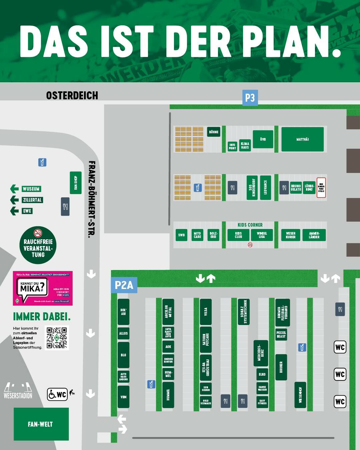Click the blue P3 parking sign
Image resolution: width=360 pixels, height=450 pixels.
pos(250,98)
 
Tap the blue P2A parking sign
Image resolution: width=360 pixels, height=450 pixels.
pos(124,285)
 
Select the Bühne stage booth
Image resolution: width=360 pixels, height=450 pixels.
pos(214,132)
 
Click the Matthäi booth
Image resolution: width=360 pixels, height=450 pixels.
pos(302,139)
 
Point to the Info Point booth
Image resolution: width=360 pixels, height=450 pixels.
pos(232,146)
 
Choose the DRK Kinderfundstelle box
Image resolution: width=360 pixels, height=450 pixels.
pos(321,187)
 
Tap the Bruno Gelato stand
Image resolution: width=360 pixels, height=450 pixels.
pos(296,188)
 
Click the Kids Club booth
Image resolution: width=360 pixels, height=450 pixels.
pos(238,235)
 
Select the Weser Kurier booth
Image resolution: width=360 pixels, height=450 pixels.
pos(291,235)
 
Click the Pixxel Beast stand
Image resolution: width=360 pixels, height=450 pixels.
pos(281,334)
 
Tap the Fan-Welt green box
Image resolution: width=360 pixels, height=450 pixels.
pos(41,424)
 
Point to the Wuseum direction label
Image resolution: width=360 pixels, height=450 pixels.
pos(31,189)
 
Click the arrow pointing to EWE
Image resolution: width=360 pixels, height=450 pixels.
pos(14,211)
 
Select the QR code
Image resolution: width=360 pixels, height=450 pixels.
pos(57,338)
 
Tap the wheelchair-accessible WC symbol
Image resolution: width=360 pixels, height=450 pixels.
pos(57,395)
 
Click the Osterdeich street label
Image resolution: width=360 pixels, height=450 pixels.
pos(72,95)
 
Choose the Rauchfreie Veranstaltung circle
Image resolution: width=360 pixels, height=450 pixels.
pos(38,246)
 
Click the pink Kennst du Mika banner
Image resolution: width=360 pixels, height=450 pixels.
pos(43,288)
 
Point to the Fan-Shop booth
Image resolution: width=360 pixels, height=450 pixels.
pos(76,183)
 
